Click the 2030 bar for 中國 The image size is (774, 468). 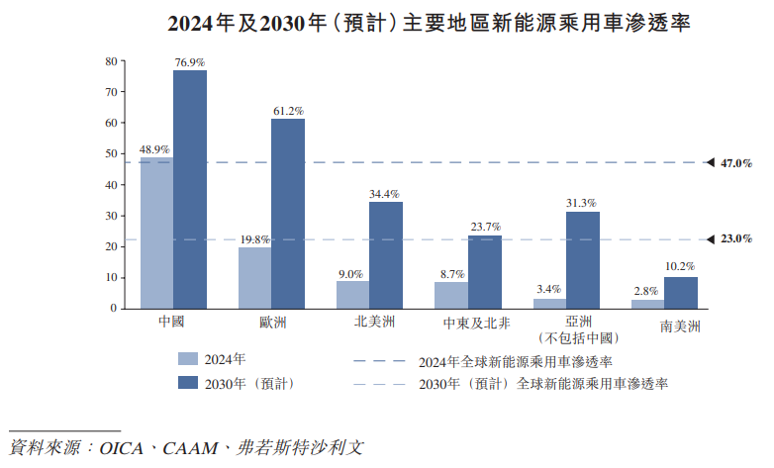point(190,188)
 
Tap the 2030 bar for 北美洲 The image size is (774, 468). point(386,254)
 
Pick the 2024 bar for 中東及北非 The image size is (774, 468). point(450,295)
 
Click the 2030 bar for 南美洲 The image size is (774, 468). point(680,292)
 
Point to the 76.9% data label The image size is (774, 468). point(190,62)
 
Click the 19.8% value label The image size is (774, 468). point(254,239)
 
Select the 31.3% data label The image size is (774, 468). point(582,203)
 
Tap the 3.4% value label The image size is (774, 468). point(548,289)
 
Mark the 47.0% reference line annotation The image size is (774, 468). point(737,162)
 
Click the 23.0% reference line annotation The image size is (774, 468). point(737,239)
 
